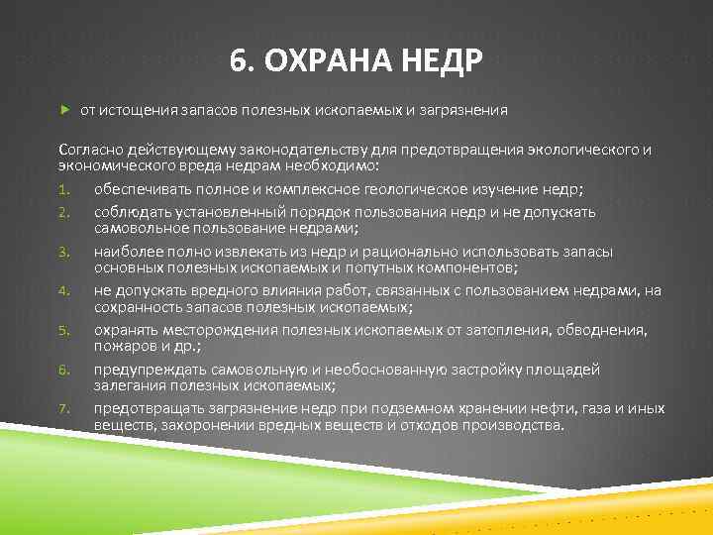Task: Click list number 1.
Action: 62,189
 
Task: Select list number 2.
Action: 62,212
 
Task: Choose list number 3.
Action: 62,252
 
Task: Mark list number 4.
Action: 62,290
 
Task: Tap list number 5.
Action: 62,330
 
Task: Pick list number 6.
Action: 62,369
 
